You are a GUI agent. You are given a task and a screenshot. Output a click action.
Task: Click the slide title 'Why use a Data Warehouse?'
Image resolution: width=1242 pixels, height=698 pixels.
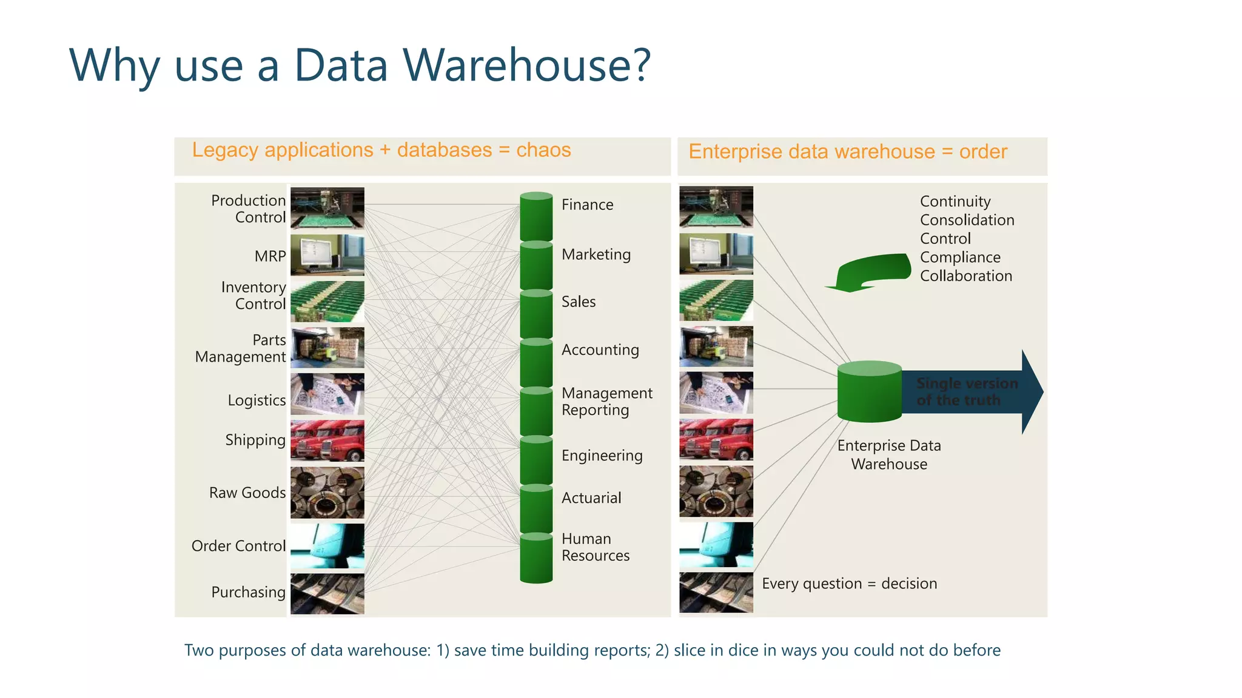pyautogui.click(x=360, y=65)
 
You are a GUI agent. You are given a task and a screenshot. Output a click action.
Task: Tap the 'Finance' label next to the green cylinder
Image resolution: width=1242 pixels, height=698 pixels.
pyautogui.click(x=587, y=205)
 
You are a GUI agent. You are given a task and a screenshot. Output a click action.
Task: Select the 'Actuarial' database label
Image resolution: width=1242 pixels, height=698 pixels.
pyautogui.click(x=591, y=498)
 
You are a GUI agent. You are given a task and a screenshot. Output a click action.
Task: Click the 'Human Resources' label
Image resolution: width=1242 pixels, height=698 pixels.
pyautogui.click(x=595, y=547)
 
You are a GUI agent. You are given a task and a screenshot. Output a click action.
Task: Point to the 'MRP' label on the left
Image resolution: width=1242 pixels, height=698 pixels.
pyautogui.click(x=270, y=256)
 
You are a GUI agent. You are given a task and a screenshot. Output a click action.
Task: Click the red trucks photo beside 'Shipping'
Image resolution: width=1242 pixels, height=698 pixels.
pyautogui.click(x=327, y=440)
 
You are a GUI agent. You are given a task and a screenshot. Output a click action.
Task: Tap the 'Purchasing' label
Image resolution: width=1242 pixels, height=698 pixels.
pyautogui.click(x=248, y=592)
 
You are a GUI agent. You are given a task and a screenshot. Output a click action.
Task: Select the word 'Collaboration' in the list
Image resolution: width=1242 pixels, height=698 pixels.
pyautogui.click(x=965, y=276)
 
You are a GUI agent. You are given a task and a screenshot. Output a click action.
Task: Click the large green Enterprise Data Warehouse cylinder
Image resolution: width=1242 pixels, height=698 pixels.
pyautogui.click(x=869, y=392)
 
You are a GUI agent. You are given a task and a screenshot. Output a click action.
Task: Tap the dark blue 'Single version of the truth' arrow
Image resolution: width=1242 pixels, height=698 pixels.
pyautogui.click(x=970, y=392)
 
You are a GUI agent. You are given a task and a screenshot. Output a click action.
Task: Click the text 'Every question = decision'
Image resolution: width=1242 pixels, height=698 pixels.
pyautogui.click(x=849, y=583)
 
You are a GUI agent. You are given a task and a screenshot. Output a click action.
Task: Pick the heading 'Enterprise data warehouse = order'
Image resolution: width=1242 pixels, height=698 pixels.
pyautogui.click(x=847, y=151)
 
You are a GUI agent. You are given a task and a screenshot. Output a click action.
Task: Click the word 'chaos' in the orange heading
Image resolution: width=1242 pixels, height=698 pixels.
pyautogui.click(x=543, y=150)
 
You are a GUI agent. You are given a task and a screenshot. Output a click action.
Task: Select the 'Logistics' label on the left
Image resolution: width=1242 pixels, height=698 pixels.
pyautogui.click(x=257, y=401)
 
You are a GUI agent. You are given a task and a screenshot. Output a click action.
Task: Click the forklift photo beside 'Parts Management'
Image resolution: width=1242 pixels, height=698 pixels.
pyautogui.click(x=327, y=348)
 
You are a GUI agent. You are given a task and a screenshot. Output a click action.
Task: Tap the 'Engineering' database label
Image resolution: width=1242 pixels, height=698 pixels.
pyautogui.click(x=602, y=456)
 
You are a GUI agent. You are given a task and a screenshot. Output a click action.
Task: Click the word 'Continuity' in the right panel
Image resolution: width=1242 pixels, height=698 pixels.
pyautogui.click(x=955, y=201)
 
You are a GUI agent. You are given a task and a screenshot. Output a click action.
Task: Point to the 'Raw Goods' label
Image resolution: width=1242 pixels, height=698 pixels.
pyautogui.click(x=247, y=493)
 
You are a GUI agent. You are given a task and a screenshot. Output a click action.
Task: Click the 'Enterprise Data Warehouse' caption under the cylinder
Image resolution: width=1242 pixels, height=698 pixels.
pyautogui.click(x=889, y=454)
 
